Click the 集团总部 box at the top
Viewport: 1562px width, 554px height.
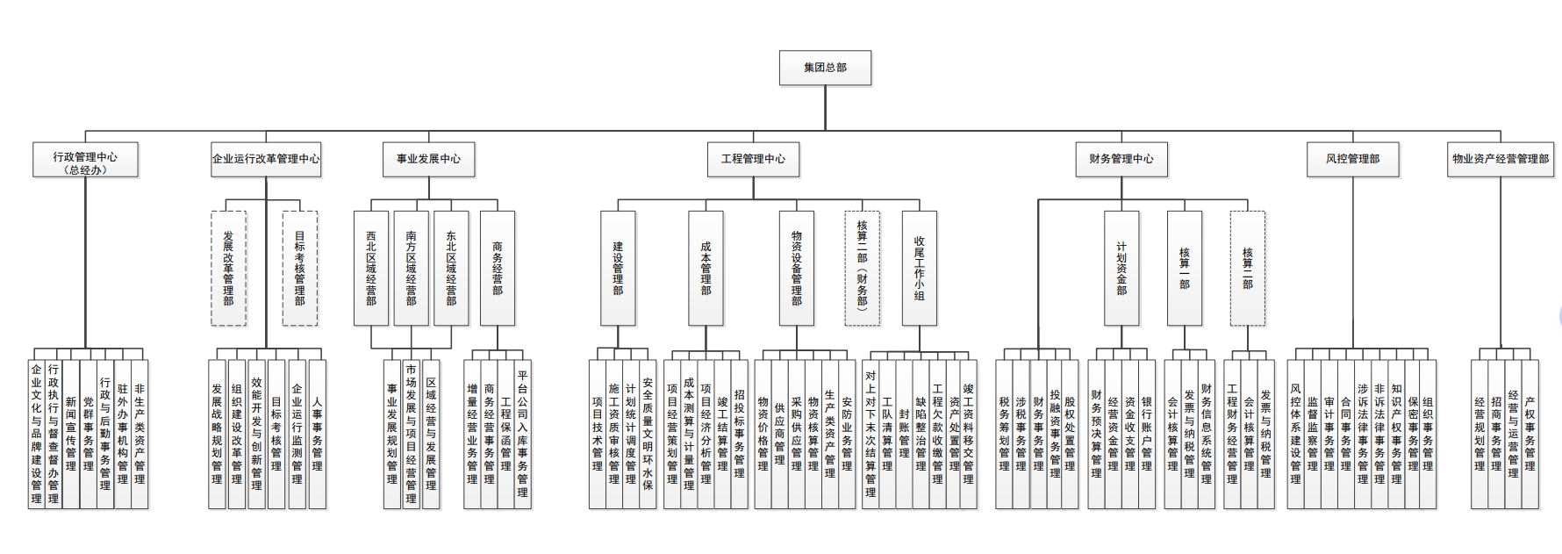825,68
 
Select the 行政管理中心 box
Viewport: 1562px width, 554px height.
85,160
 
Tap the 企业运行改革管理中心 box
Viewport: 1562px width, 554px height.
266,160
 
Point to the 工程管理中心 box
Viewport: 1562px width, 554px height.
753,160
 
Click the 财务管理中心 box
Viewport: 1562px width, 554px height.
1121,160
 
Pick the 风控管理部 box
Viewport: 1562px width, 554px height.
1352,160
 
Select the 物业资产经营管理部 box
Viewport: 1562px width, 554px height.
1501,160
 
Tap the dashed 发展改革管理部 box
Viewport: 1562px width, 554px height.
228,268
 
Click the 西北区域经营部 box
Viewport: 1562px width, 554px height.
371,268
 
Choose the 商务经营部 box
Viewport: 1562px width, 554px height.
498,268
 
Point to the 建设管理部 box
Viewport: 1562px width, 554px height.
618,268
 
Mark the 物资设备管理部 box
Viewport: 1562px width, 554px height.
797,268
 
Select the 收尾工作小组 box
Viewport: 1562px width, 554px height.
920,268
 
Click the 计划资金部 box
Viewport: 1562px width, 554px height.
1121,268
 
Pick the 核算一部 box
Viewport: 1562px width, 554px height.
1185,268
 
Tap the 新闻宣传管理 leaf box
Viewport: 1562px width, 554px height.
71,434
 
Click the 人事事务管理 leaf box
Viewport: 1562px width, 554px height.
317,434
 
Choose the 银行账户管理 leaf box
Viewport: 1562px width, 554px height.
1146,434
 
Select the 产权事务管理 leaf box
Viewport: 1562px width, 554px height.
1530,434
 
